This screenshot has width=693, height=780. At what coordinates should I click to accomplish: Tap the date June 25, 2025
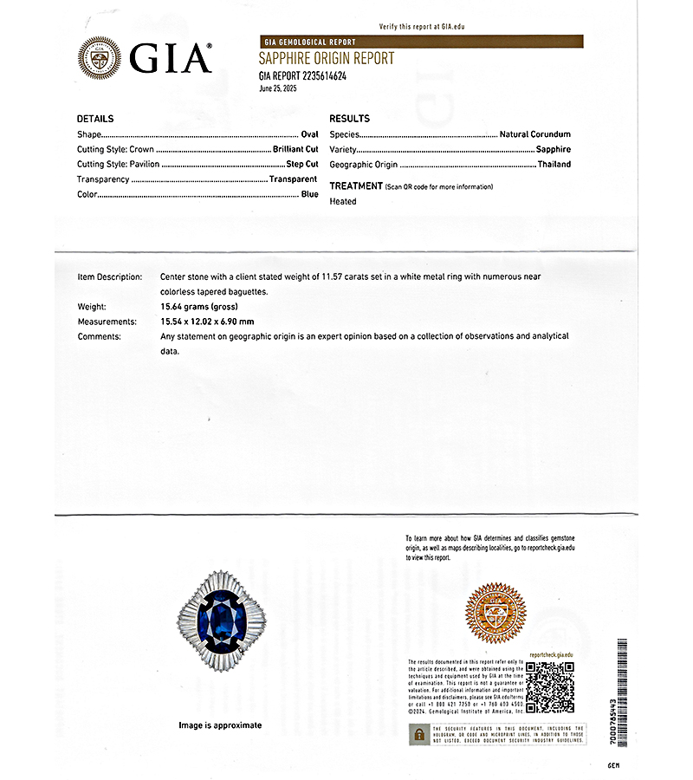pos(277,88)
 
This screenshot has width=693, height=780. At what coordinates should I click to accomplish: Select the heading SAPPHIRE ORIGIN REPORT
pos(326,59)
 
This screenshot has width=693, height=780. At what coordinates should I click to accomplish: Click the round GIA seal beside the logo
pos(100,59)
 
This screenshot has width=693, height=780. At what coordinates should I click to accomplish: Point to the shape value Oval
pos(309,134)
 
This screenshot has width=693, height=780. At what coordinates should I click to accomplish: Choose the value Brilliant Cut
pos(295,149)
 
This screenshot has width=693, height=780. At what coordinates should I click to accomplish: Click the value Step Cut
pos(302,164)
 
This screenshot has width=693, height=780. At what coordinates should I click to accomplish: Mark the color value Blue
pos(309,195)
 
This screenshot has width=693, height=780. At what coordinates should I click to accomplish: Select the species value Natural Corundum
pos(534,134)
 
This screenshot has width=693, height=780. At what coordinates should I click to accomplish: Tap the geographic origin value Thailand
pos(554,164)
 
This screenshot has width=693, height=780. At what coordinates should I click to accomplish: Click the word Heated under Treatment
pos(343,201)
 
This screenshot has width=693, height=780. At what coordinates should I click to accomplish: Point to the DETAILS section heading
pos(95,119)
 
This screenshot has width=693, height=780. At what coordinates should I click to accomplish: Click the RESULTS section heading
pos(349,119)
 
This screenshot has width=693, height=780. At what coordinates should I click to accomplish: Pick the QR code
pos(550,686)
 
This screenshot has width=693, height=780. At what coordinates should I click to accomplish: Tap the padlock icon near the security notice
pos(418,734)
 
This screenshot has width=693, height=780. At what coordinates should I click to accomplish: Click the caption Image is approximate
pos(220,725)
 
